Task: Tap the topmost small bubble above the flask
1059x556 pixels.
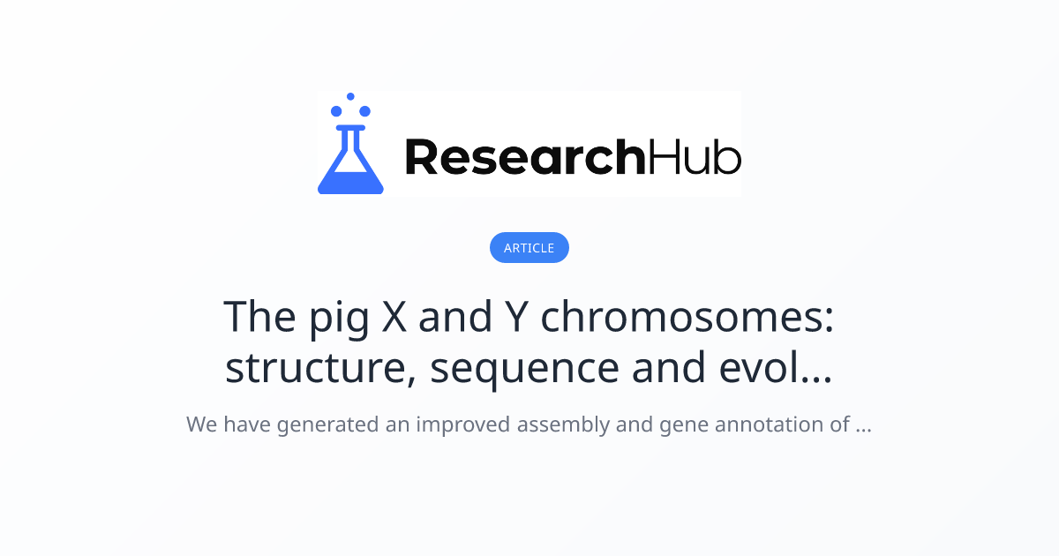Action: tap(350, 96)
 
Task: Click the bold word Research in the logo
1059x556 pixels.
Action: tap(524, 157)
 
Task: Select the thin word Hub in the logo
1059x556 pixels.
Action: tap(695, 157)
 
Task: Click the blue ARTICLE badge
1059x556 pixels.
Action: tap(529, 248)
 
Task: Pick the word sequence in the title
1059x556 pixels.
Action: tap(525, 370)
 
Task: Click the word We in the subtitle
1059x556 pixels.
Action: tap(201, 425)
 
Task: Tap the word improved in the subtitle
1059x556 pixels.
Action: tap(463, 425)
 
